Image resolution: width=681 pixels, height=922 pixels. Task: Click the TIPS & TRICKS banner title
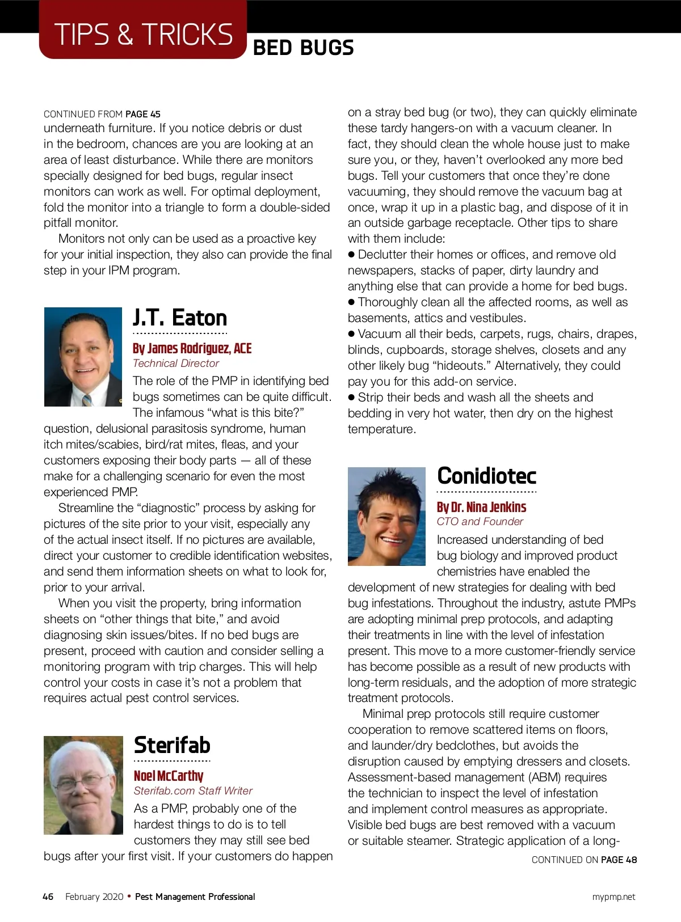(143, 35)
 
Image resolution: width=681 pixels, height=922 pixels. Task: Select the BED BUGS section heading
(303, 48)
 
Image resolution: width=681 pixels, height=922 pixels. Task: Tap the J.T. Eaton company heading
(180, 318)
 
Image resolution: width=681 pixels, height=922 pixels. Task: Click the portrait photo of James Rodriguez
(83, 357)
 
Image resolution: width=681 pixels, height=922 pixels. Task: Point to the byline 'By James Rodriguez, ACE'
(192, 348)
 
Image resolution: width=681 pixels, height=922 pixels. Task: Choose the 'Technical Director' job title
(175, 363)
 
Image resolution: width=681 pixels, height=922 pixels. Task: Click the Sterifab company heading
(172, 745)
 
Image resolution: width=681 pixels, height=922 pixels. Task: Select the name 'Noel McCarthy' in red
(168, 776)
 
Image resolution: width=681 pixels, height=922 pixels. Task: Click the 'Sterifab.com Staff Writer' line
(193, 791)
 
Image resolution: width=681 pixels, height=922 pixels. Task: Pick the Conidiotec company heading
(486, 476)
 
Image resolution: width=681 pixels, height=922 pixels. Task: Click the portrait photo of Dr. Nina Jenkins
(386, 516)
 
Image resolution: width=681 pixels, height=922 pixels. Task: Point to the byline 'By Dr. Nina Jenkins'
(481, 507)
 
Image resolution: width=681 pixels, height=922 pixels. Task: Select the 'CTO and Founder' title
(480, 522)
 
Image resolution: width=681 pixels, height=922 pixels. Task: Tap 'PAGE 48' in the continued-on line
(619, 860)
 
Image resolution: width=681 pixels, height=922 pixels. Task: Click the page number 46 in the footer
(48, 896)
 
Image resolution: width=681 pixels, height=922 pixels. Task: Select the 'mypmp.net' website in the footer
(613, 897)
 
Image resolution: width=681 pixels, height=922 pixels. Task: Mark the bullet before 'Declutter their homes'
(352, 255)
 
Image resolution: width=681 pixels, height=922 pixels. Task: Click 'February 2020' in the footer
(94, 896)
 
